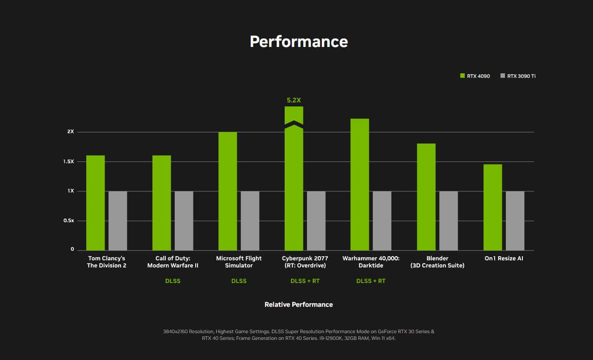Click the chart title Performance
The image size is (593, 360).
(299, 42)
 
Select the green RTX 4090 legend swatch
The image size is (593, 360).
(463, 76)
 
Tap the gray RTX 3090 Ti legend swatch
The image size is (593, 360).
(503, 76)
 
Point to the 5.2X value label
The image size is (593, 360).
(294, 100)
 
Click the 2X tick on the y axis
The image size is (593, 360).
(71, 132)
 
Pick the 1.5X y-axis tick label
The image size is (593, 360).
(68, 161)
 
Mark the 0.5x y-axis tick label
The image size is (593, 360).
(68, 221)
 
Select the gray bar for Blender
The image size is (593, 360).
(448, 221)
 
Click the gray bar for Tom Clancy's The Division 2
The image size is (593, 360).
(118, 221)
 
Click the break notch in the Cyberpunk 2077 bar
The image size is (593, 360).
(294, 125)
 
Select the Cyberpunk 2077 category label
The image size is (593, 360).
(305, 262)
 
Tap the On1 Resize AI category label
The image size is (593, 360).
(504, 258)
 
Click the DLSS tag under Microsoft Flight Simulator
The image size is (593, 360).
(239, 281)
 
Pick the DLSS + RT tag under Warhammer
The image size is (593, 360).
(371, 281)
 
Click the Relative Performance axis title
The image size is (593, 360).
(299, 305)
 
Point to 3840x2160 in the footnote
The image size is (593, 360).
(177, 332)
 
